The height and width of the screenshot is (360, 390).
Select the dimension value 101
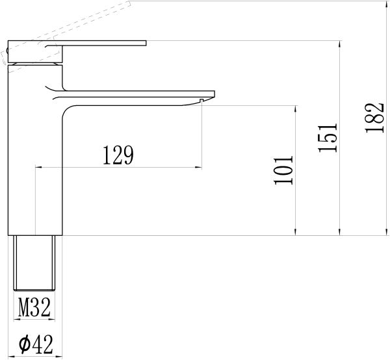285,170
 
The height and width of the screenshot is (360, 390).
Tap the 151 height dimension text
329,137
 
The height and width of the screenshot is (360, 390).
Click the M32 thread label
34,307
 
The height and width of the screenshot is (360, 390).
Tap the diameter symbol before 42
23,344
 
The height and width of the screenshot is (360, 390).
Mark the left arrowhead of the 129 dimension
36,168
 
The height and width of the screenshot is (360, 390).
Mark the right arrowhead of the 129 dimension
199,168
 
